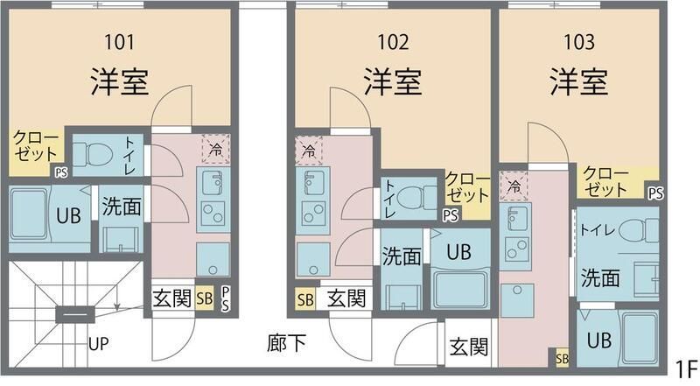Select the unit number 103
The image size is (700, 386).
pos(578,40)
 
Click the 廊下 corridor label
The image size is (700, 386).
pos(286,344)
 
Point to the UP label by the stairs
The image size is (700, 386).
pos(98,344)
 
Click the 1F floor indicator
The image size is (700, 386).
pos(685,368)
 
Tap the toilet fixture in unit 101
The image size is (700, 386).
pos(92,155)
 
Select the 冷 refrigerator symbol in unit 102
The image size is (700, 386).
pos(308,151)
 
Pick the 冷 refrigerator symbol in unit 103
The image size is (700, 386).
pos(514,186)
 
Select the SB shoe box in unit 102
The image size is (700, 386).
pos(305,299)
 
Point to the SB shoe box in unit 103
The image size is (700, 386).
pos(561,358)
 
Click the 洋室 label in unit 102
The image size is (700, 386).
pos(393,81)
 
